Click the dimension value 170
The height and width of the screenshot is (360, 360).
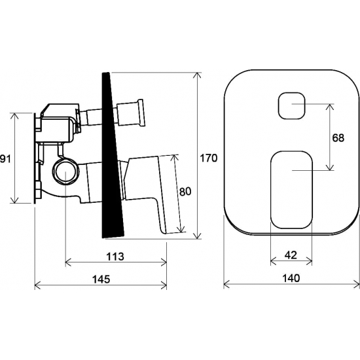coord(208,158)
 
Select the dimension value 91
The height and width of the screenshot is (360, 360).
coord(5,158)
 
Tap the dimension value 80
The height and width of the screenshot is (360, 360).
coord(185,192)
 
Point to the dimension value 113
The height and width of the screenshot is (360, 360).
coord(115,257)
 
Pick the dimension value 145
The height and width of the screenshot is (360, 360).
coord(101,279)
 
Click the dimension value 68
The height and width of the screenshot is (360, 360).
coord(338,137)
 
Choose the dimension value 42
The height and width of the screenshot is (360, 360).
coord(291,255)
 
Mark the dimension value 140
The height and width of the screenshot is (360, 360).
coord(291,278)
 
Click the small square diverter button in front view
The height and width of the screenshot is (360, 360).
coord(291,105)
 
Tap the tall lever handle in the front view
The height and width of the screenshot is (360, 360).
coord(292,190)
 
